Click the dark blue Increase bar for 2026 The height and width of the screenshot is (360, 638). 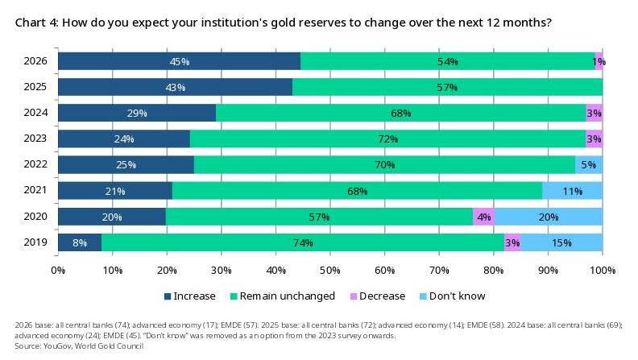pyautogui.click(x=179, y=61)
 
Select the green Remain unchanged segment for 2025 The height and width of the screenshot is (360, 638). pyautogui.click(x=448, y=87)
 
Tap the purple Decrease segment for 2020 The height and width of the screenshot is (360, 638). pyautogui.click(x=484, y=217)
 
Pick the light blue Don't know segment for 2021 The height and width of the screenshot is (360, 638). pyautogui.click(x=573, y=191)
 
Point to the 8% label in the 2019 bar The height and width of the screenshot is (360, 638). pyautogui.click(x=80, y=243)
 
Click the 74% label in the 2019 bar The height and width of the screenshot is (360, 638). pyautogui.click(x=303, y=243)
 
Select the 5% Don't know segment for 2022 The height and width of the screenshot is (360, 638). pyautogui.click(x=589, y=165)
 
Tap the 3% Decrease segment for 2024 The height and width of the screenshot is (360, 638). pyautogui.click(x=594, y=113)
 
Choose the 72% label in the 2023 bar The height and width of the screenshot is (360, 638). pyautogui.click(x=387, y=139)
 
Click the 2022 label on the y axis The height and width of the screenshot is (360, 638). pyautogui.click(x=35, y=164)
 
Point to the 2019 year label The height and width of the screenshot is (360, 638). pyautogui.click(x=35, y=242)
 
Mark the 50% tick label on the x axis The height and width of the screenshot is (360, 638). pyautogui.click(x=330, y=271)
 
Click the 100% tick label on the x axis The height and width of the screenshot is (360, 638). pyautogui.click(x=603, y=271)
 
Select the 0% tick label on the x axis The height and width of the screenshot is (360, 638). pyautogui.click(x=58, y=271)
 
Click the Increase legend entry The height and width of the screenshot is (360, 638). pyautogui.click(x=189, y=296)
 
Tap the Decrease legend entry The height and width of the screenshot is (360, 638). pyautogui.click(x=378, y=296)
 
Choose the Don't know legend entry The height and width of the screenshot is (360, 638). pyautogui.click(x=452, y=296)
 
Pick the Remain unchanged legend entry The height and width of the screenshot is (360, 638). pyautogui.click(x=283, y=296)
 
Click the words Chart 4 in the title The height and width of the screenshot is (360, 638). pyautogui.click(x=36, y=23)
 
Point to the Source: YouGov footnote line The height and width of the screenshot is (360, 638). pyautogui.click(x=79, y=346)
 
